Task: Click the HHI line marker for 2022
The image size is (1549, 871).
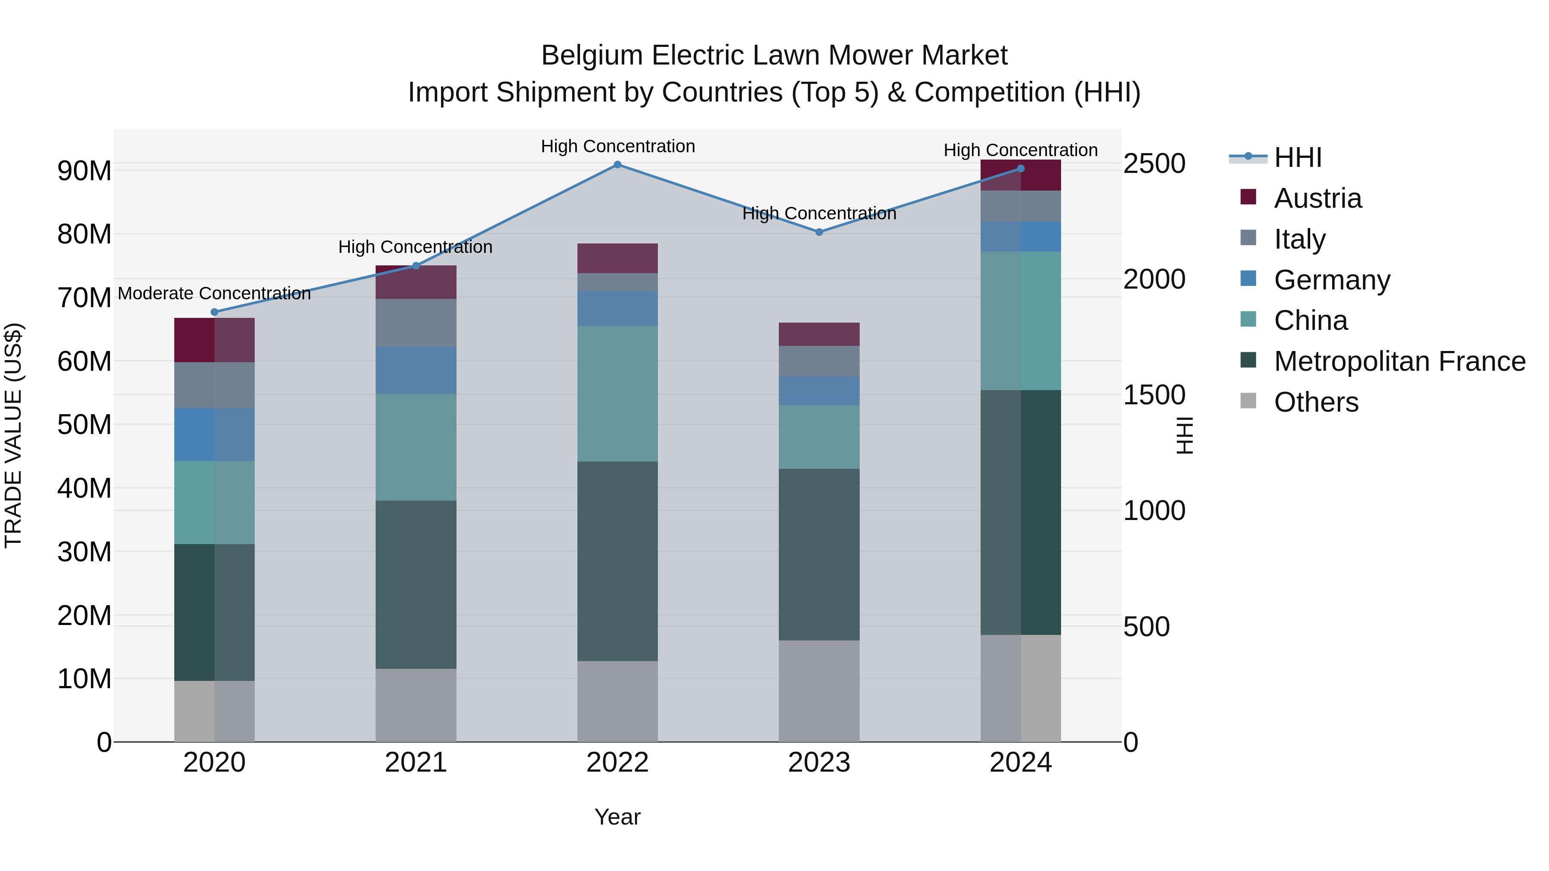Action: pos(617,165)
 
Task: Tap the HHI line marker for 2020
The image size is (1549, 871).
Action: pos(215,312)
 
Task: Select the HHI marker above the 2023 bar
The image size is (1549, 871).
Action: pos(819,232)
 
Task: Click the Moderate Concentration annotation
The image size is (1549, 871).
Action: pos(214,293)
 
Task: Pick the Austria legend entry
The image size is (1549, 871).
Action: pos(1317,198)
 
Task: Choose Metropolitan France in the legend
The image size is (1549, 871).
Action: pos(1399,361)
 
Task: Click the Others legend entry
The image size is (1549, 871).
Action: pos(1316,402)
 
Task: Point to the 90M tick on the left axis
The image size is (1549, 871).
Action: pos(84,171)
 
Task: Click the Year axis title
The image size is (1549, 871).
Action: pos(617,817)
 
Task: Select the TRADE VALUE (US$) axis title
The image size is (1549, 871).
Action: pos(14,435)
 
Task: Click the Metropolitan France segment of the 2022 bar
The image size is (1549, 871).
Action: pos(617,561)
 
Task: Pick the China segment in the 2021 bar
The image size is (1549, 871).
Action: pos(416,447)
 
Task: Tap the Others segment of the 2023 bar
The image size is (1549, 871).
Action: pos(819,691)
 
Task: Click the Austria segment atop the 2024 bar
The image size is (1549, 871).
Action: pos(1021,175)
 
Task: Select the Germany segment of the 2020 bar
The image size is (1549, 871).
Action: pos(215,434)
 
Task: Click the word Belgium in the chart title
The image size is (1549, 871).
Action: pos(592,56)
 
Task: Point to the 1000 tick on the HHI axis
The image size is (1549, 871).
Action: pos(1154,511)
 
